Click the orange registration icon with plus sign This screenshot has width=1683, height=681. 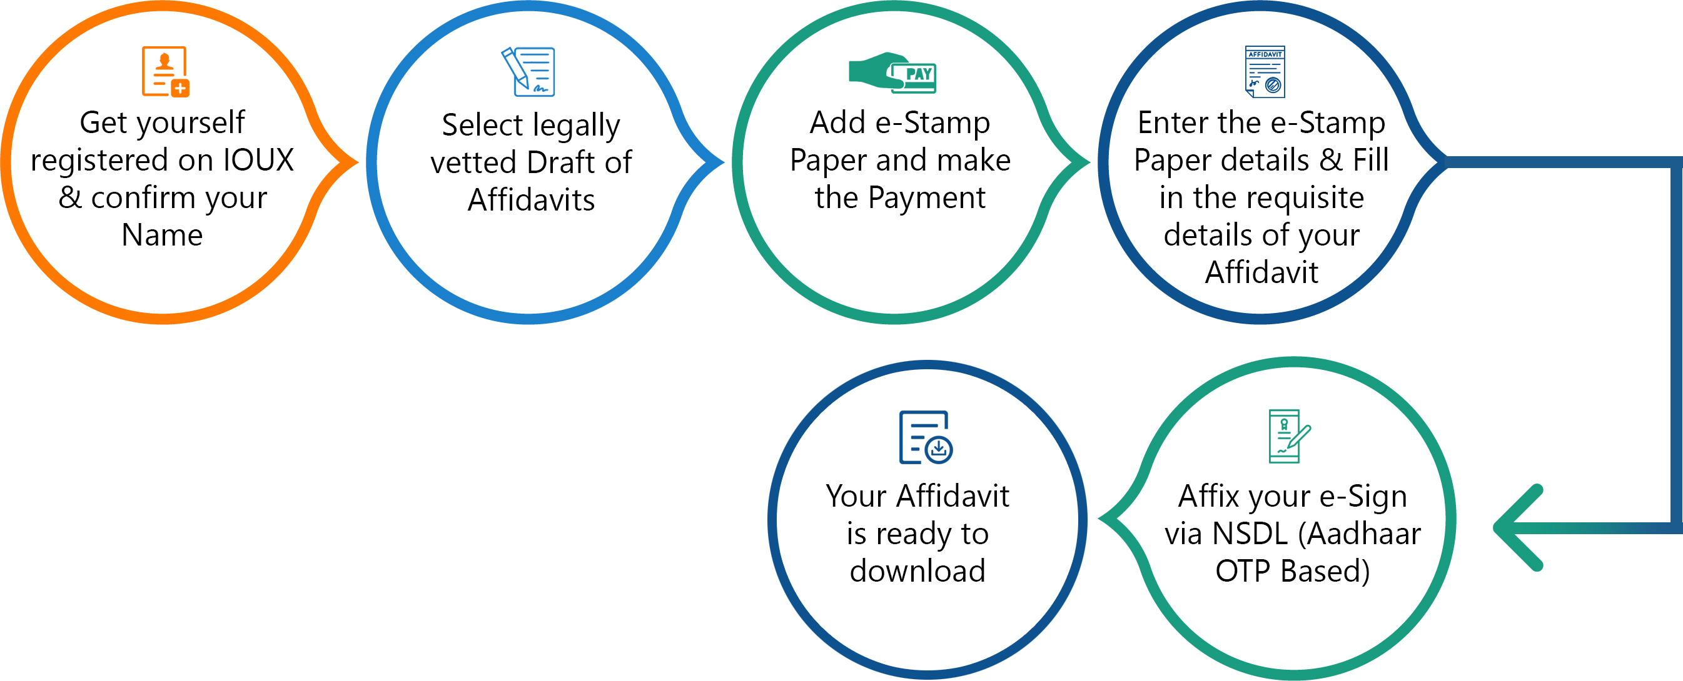(165, 71)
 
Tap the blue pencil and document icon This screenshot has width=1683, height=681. (528, 71)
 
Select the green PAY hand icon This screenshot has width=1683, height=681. (892, 72)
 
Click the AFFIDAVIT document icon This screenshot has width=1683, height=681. (1265, 71)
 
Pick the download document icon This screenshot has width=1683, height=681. (926, 437)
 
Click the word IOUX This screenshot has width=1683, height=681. (259, 160)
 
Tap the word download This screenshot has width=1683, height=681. (917, 570)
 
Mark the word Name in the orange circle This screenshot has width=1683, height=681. (162, 235)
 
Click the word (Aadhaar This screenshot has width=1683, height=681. (1359, 534)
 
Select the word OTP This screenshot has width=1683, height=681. (1243, 571)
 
